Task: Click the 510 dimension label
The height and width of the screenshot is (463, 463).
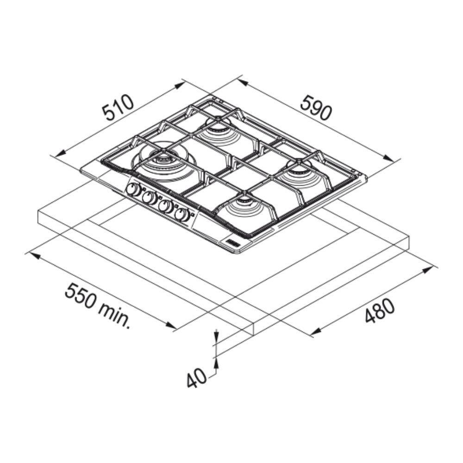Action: click(118, 107)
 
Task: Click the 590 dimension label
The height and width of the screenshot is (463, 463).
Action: click(316, 107)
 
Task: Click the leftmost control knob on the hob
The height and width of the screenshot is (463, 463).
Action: click(132, 189)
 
